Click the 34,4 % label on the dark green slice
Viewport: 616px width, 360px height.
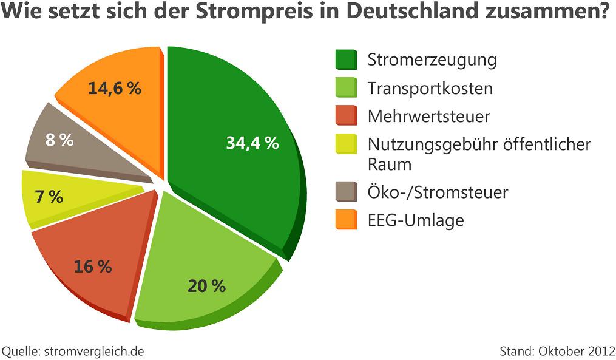[252, 143]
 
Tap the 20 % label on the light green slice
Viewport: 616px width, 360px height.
[206, 285]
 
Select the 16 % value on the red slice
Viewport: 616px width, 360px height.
[92, 266]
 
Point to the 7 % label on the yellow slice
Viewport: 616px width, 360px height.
[50, 197]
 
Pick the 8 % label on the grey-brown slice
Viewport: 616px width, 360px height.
[59, 140]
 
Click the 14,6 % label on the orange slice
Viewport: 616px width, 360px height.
[114, 89]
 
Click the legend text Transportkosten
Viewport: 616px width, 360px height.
[430, 89]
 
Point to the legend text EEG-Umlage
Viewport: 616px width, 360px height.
[416, 220]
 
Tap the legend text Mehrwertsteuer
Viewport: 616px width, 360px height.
[428, 116]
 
